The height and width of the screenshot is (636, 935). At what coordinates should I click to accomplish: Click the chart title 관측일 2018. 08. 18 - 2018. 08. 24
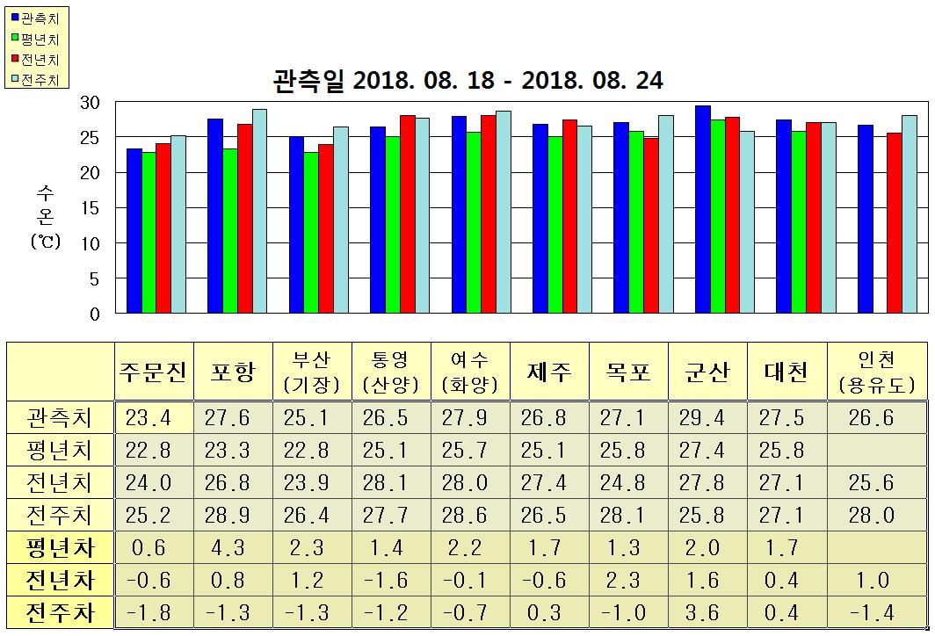coord(467,81)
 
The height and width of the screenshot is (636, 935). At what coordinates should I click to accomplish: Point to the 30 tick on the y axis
coord(90,103)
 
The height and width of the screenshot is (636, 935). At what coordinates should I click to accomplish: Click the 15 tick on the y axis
coord(90,208)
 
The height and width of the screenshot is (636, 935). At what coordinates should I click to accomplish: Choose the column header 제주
coord(548,372)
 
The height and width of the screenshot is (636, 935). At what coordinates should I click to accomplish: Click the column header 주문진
coord(152,372)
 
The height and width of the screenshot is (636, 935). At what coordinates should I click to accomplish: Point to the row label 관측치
coord(60,417)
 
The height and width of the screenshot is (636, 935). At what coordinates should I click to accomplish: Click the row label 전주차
coord(60,612)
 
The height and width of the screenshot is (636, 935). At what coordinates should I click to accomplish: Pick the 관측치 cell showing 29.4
coord(707,417)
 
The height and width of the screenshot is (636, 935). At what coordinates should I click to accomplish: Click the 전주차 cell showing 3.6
coord(707,612)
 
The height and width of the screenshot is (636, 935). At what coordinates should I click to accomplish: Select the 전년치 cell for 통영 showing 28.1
coord(390,482)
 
